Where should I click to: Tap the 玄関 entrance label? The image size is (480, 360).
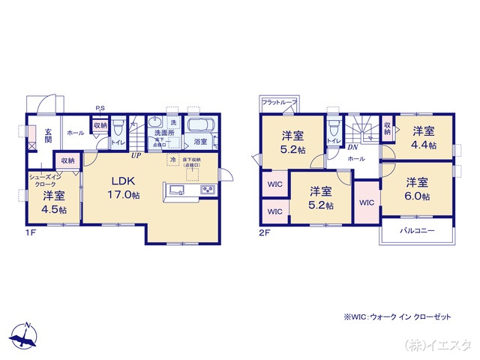click(x=47, y=134)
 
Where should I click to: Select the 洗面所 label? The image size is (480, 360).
click(x=164, y=133)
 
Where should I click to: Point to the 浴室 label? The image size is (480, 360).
click(x=200, y=141)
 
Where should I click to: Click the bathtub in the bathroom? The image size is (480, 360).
click(x=200, y=125)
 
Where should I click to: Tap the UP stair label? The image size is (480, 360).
click(x=136, y=156)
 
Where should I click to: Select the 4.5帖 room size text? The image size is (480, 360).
click(x=54, y=210)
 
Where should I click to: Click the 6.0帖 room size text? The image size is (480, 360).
click(x=418, y=196)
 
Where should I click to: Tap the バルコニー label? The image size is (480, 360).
click(x=416, y=231)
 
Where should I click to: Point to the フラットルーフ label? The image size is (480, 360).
click(x=280, y=103)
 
